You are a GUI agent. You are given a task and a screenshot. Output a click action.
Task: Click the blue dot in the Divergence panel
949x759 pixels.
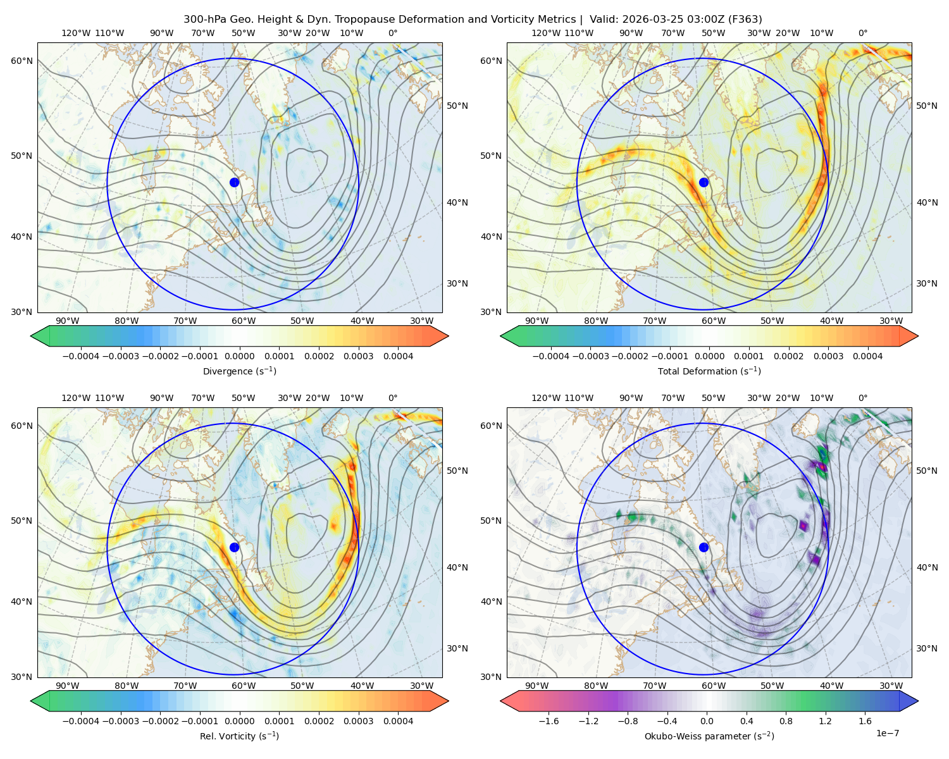[234, 182]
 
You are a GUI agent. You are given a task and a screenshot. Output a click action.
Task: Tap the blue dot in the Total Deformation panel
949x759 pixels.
[704, 182]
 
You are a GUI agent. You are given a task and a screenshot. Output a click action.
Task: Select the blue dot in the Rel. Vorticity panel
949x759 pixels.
[234, 547]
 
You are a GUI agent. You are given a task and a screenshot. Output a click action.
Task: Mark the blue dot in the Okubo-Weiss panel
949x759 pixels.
[704, 547]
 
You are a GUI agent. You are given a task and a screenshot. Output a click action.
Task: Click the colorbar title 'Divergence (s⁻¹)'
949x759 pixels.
[239, 371]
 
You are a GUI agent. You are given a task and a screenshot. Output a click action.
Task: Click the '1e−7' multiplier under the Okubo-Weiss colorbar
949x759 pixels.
[887, 733]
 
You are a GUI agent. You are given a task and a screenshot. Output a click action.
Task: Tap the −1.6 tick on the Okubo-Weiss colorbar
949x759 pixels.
[549, 721]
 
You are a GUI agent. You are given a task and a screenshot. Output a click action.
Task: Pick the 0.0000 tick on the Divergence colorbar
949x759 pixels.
[239, 356]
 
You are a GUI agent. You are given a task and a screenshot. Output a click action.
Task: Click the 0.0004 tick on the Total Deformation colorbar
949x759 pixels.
[868, 356]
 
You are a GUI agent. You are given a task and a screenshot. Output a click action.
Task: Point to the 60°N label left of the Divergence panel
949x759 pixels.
[22, 61]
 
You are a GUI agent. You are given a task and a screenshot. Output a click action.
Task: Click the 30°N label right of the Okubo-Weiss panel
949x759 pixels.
[927, 648]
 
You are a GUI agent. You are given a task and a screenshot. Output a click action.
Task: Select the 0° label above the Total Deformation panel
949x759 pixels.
[863, 33]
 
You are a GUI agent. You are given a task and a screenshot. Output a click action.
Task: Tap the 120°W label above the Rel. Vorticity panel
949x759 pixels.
[76, 398]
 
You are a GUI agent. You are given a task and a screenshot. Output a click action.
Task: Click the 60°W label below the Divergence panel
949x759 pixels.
[244, 321]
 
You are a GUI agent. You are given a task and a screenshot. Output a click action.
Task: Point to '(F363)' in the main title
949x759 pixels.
[745, 20]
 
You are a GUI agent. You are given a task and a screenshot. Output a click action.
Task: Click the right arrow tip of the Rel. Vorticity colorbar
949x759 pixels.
[448, 701]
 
